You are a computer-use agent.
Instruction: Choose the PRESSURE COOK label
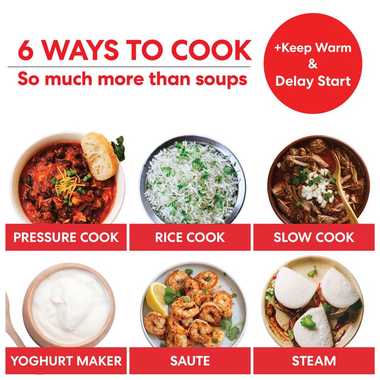[x=66, y=237]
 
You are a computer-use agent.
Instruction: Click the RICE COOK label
[x=190, y=237]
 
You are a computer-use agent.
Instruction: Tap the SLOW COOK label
[x=314, y=237]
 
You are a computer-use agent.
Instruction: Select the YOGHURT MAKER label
[x=66, y=360]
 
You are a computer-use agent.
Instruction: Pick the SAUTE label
[x=190, y=360]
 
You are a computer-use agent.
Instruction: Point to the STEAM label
[x=314, y=360]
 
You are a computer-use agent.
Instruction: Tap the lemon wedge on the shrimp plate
[x=156, y=298]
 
